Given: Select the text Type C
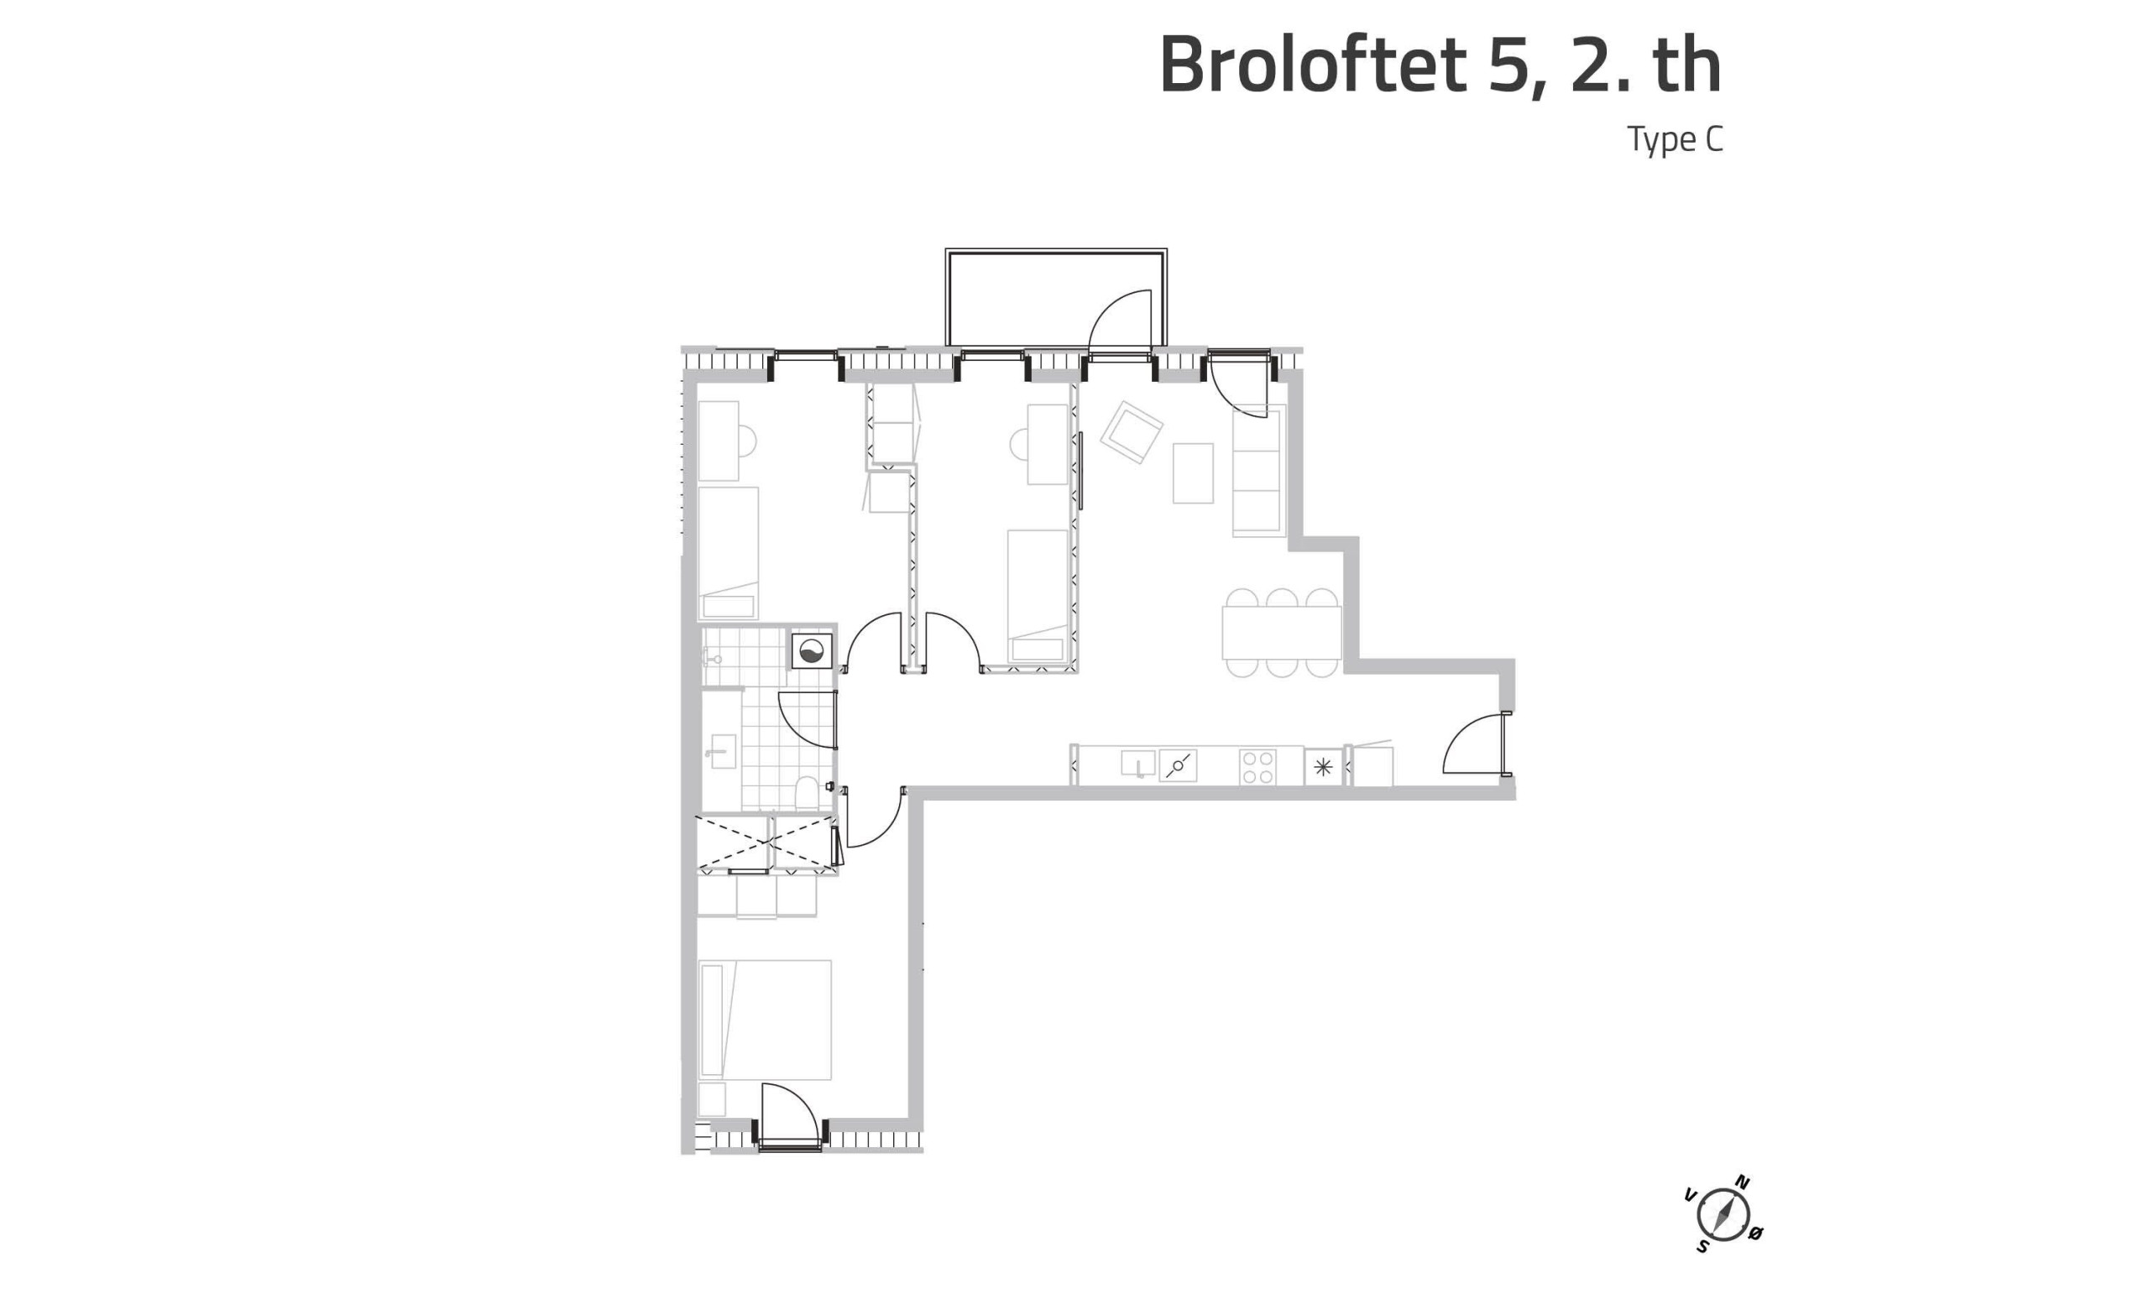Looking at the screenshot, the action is click(x=1675, y=140).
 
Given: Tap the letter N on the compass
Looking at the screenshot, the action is click(x=1742, y=1182).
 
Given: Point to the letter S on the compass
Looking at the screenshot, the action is click(x=1702, y=1246).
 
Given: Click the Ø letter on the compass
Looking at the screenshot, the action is click(x=1754, y=1234).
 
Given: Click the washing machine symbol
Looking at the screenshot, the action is click(x=811, y=651).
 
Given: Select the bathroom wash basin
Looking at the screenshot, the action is click(x=721, y=751).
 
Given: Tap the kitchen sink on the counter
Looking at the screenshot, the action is click(x=1138, y=764).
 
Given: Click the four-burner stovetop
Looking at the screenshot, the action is click(x=1258, y=767).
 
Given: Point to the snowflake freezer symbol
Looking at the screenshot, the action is click(x=1323, y=767).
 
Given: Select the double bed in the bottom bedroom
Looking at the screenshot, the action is click(x=766, y=1020).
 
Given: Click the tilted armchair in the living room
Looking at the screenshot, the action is click(x=1131, y=431).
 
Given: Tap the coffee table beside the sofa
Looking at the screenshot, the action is click(x=1193, y=473).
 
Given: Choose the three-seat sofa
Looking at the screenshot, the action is click(x=1257, y=470).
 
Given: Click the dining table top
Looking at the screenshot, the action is click(x=1281, y=634).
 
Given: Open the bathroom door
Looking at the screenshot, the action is click(x=807, y=720).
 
